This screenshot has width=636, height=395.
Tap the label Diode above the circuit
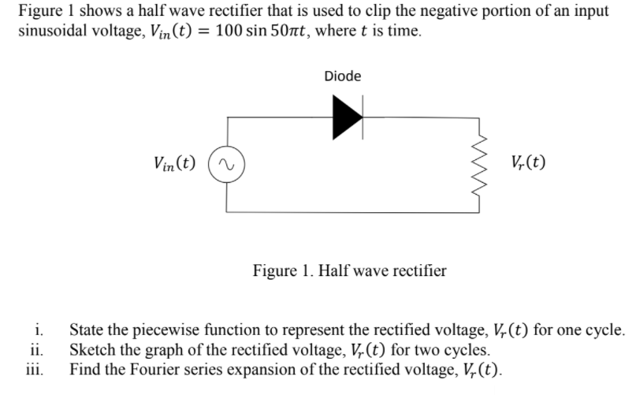pos(343,76)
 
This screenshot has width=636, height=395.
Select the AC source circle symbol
pos(228,165)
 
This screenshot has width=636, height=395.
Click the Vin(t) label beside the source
pos(176,165)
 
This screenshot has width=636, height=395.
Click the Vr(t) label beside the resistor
pos(527,164)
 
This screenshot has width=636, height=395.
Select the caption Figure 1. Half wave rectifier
pos(349,271)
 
